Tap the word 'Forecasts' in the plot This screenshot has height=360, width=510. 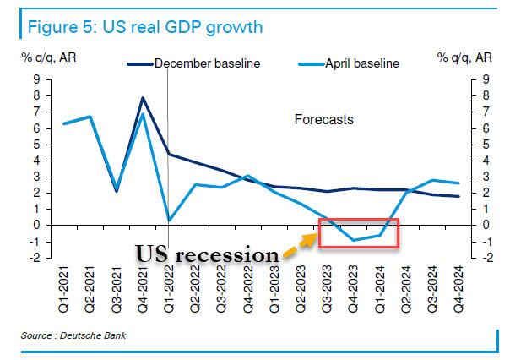tap(323, 120)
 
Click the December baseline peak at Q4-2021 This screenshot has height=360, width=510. tap(143, 98)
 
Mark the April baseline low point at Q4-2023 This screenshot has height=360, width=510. tap(354, 240)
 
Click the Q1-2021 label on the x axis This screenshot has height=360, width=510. tap(63, 297)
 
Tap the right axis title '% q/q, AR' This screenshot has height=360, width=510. tap(465, 58)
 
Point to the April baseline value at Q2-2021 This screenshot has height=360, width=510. tap(90, 117)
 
